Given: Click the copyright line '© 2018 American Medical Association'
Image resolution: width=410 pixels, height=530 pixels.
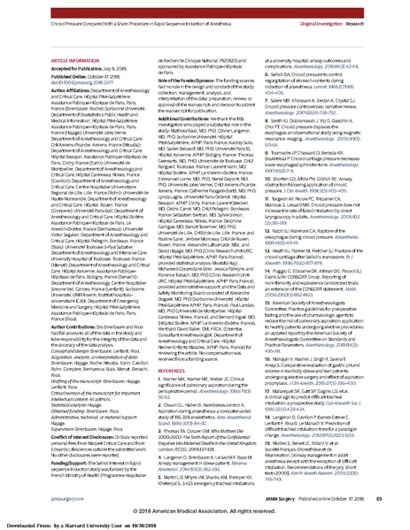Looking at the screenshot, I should tap(206, 511).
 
